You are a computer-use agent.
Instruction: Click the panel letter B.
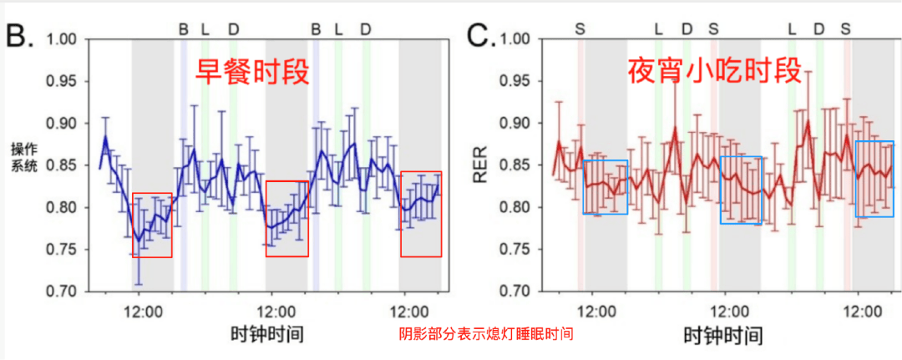(18, 36)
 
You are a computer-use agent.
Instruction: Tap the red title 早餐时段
(253, 73)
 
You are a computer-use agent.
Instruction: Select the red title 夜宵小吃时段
(715, 73)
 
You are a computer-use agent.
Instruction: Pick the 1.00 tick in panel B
(63, 39)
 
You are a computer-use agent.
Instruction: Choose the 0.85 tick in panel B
(63, 165)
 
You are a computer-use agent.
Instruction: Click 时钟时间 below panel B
(267, 335)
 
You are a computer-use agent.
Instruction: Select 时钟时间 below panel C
(722, 337)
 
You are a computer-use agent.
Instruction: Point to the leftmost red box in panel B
(152, 226)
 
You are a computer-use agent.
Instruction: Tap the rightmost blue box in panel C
(874, 179)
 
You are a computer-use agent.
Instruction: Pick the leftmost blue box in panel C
(606, 187)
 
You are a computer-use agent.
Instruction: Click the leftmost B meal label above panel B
(184, 29)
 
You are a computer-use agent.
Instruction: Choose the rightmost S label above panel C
(846, 29)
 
